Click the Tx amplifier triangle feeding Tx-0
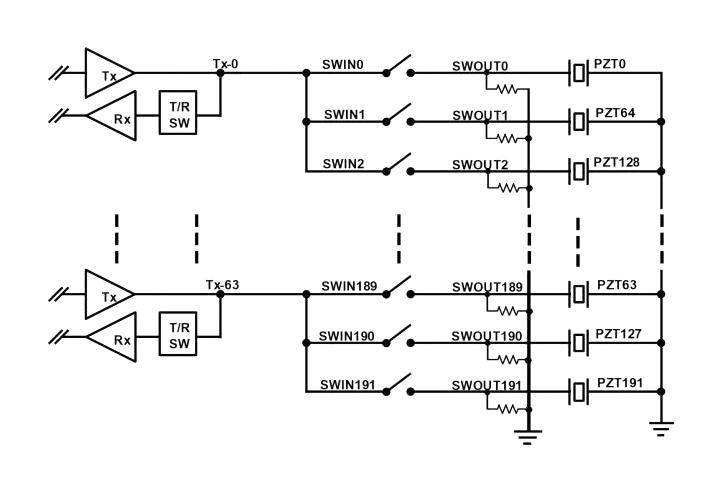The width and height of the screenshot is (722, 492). (x=107, y=72)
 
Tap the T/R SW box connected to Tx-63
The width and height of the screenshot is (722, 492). (x=179, y=336)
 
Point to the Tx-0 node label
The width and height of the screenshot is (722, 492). (x=225, y=63)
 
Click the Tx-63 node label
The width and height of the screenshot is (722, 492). (x=222, y=285)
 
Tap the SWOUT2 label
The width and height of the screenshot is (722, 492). (x=480, y=163)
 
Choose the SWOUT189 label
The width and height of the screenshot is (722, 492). (x=487, y=287)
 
